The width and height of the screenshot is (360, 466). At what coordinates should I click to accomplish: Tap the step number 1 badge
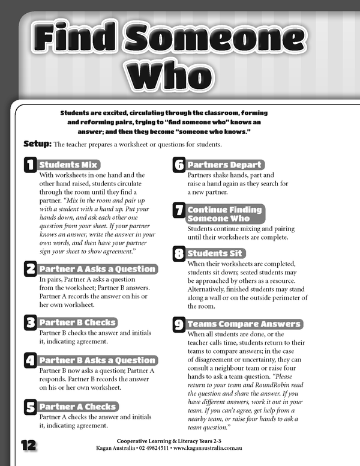(x=30, y=165)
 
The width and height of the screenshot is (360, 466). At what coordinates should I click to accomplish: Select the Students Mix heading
(x=68, y=165)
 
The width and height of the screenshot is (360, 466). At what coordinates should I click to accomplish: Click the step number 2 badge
(x=30, y=269)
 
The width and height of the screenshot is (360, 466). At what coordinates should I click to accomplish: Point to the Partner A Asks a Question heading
(x=97, y=268)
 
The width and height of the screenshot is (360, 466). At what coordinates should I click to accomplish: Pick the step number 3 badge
(x=30, y=322)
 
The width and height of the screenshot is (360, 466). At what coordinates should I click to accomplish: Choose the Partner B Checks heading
(x=77, y=322)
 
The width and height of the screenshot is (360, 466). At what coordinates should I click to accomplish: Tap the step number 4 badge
(x=30, y=360)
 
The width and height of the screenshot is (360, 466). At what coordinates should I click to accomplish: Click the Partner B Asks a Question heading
(x=97, y=360)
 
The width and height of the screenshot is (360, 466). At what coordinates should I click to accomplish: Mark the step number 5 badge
(x=30, y=407)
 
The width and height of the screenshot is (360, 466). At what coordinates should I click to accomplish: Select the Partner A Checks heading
(x=77, y=407)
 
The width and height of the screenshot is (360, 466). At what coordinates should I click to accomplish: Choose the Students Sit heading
(x=215, y=253)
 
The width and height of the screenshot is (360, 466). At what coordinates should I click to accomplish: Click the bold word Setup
(x=37, y=144)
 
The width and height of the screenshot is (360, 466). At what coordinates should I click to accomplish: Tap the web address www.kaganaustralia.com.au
(x=211, y=449)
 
